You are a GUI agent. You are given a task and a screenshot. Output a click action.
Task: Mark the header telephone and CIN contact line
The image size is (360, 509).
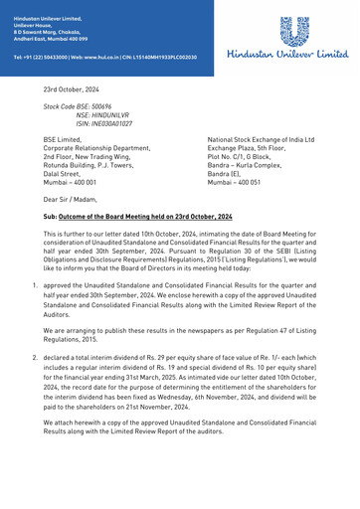coord(104,58)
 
